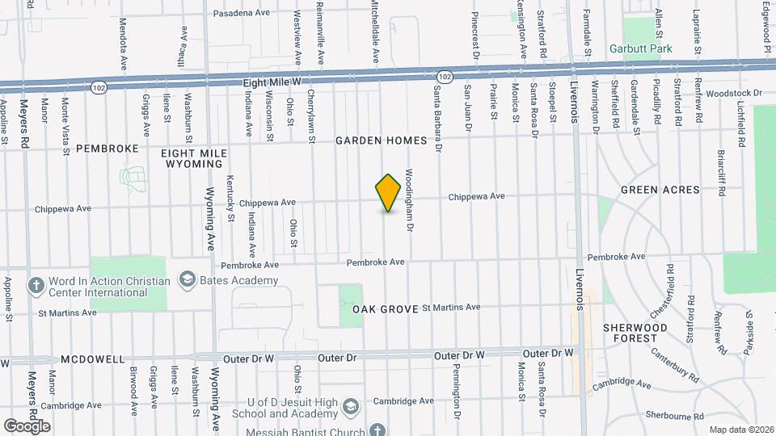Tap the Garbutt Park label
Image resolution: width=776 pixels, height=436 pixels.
(x=652, y=49)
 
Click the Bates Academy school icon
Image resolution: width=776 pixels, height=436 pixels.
(x=188, y=280)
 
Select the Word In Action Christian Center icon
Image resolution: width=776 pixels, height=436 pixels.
(x=36, y=285)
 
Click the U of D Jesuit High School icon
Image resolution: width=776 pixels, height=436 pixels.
(x=350, y=405)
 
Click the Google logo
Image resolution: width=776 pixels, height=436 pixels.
(x=27, y=426)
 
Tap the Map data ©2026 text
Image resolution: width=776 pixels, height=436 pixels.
(x=740, y=430)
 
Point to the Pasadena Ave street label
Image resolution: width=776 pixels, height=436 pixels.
(x=240, y=14)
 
